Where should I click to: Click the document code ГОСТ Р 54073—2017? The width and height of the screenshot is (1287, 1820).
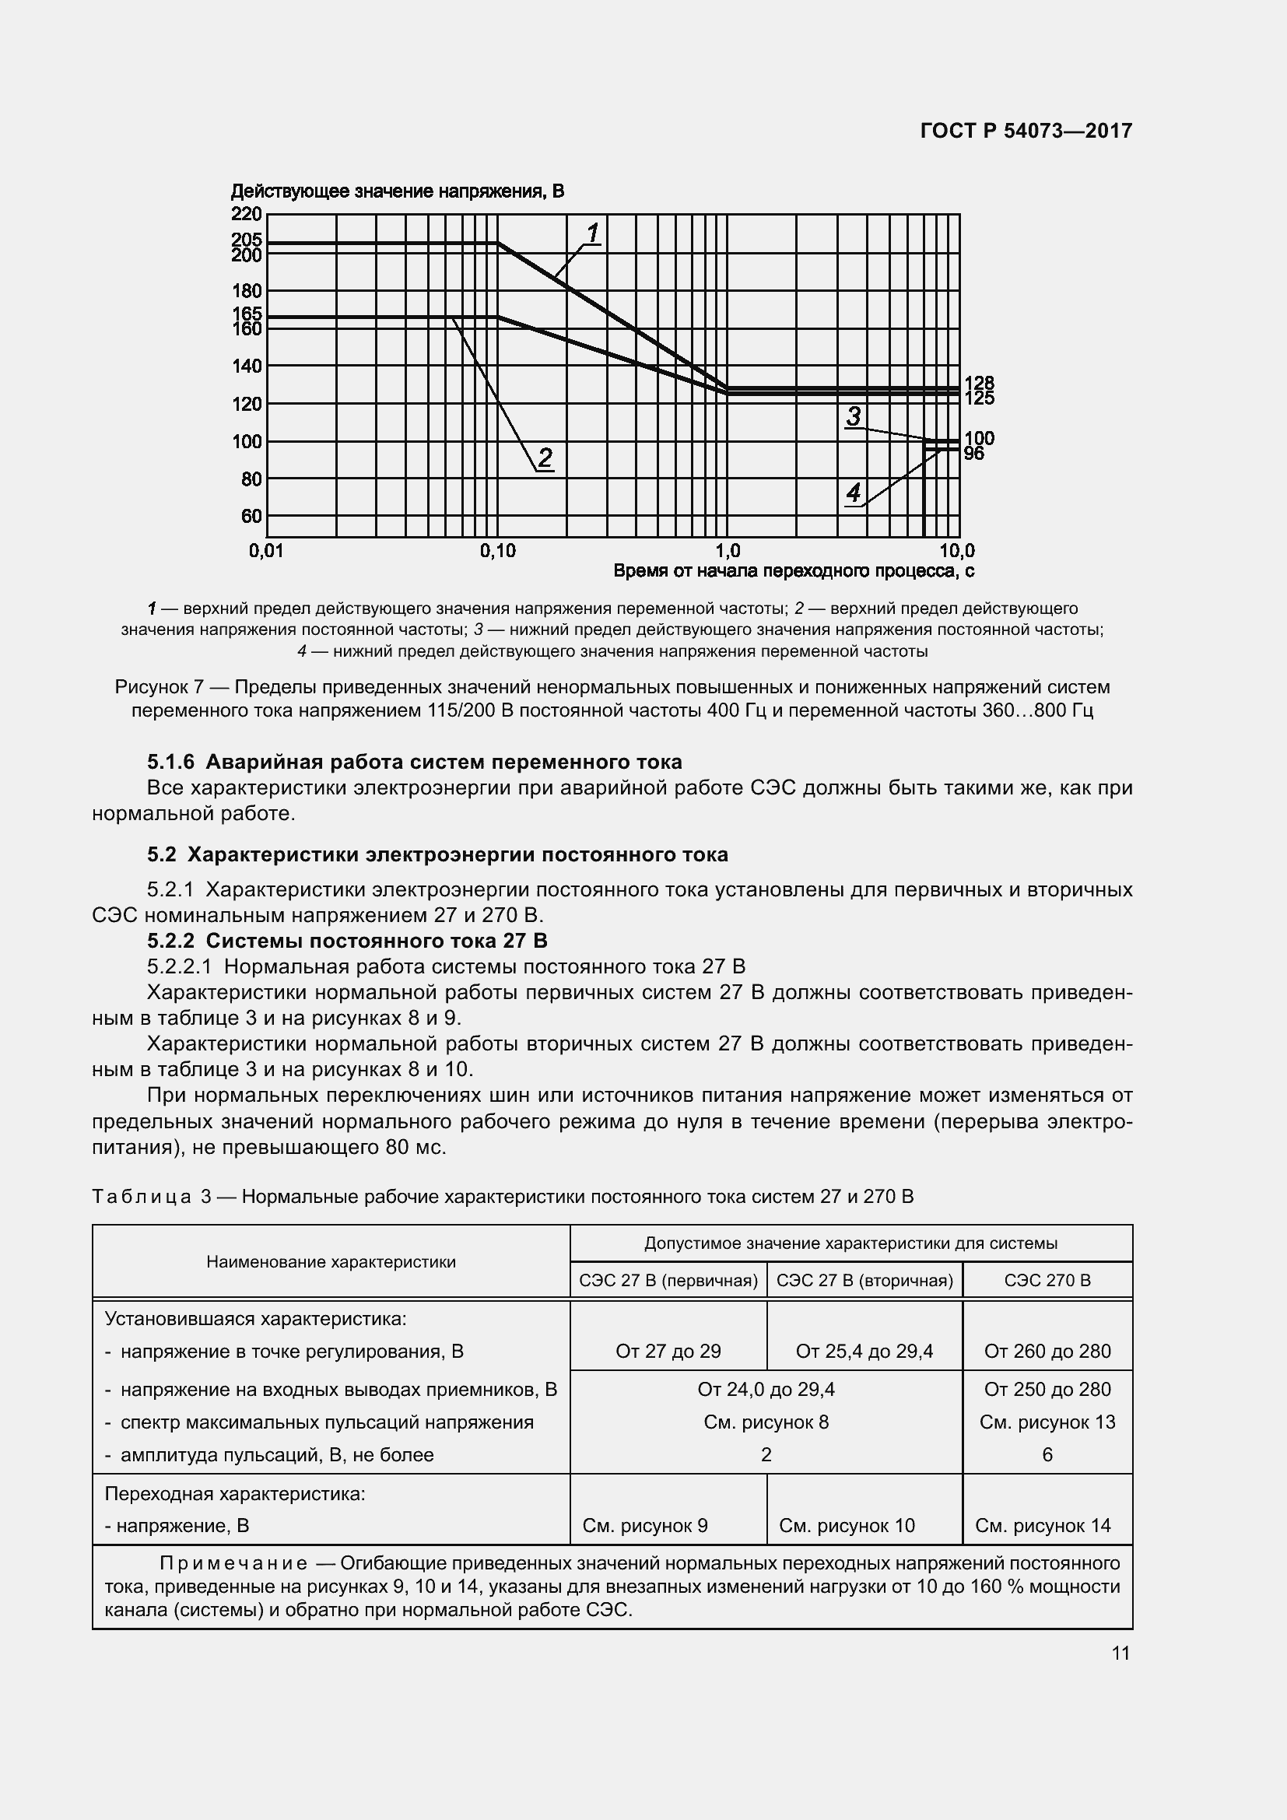(x=1026, y=131)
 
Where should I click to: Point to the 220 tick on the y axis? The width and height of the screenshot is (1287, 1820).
(x=247, y=214)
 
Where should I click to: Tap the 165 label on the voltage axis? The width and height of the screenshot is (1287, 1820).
(x=247, y=314)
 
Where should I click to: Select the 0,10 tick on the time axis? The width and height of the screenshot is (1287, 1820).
(x=497, y=551)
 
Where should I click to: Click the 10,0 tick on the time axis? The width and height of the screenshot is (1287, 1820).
(x=957, y=551)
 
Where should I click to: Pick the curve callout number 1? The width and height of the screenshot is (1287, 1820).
(x=593, y=233)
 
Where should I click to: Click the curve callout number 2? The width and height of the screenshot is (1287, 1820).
(x=545, y=458)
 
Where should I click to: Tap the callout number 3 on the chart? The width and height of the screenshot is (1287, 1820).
(x=854, y=416)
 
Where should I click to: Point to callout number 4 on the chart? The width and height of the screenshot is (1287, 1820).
(x=854, y=494)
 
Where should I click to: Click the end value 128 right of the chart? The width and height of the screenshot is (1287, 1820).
(x=979, y=384)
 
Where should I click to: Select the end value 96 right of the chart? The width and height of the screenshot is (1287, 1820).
(x=974, y=454)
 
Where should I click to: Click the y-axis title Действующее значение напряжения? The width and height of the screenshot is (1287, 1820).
(x=397, y=192)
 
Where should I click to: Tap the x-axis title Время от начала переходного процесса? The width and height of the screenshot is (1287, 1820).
(x=793, y=570)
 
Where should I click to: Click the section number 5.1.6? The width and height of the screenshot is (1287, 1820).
(x=170, y=763)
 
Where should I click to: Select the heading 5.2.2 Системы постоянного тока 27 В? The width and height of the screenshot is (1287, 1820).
(x=347, y=941)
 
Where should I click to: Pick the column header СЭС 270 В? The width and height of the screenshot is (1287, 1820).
(x=1047, y=1280)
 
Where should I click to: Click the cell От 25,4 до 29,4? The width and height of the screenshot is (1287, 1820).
(x=864, y=1352)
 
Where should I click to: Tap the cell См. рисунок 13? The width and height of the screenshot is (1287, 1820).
(x=1047, y=1422)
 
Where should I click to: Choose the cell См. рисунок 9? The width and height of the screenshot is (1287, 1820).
(x=645, y=1526)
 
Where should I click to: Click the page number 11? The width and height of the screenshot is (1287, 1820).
(x=1120, y=1653)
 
